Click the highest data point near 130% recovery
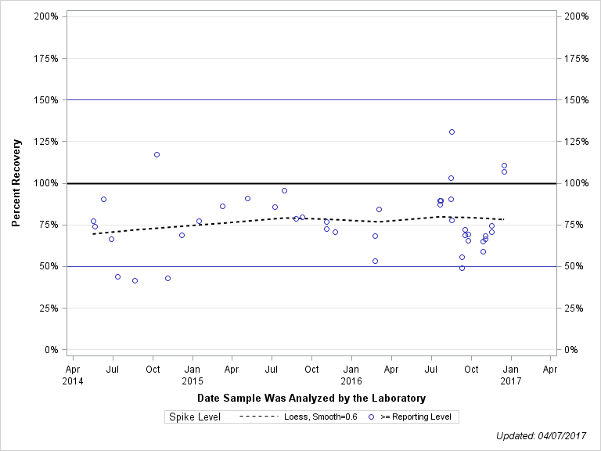click(452, 132)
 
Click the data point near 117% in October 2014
click(157, 154)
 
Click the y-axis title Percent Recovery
click(16, 183)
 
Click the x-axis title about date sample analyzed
click(311, 398)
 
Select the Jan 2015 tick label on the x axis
click(193, 374)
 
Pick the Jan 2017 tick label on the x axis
click(511, 374)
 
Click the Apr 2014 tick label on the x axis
click(72, 374)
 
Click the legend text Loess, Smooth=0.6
click(321, 417)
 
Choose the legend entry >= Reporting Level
click(415, 417)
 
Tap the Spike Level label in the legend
click(195, 417)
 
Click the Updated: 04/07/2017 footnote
click(541, 435)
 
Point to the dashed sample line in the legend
click(257, 417)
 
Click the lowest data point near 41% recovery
click(135, 280)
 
